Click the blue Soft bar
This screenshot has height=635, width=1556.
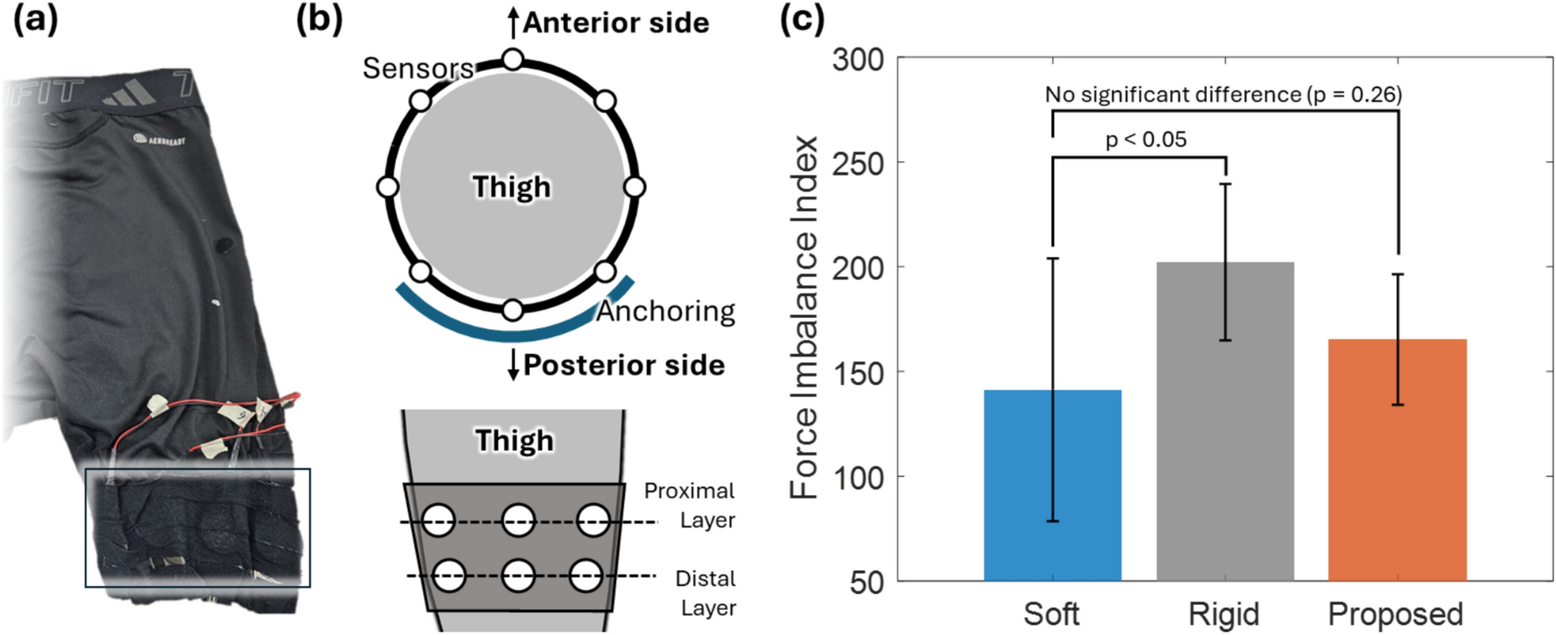pos(1052,485)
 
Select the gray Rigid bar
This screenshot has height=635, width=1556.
pos(1225,423)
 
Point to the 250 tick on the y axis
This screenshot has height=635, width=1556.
pos(858,164)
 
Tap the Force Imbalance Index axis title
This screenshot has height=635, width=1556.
pos(804,318)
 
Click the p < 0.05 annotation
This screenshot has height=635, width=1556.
pos(1146,141)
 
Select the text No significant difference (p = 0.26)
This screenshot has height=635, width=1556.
pos(1223,95)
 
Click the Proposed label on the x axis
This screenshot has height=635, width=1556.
pos(1395,614)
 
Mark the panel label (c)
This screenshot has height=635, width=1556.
pos(801,19)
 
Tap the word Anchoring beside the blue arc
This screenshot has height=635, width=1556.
pos(666,311)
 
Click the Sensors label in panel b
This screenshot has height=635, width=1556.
pos(418,68)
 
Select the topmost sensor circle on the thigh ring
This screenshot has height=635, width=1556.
pos(513,59)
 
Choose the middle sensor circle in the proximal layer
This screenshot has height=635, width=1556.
pos(518,520)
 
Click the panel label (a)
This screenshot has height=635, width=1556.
pos(36,19)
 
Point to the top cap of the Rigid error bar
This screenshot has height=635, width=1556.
pos(1226,184)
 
